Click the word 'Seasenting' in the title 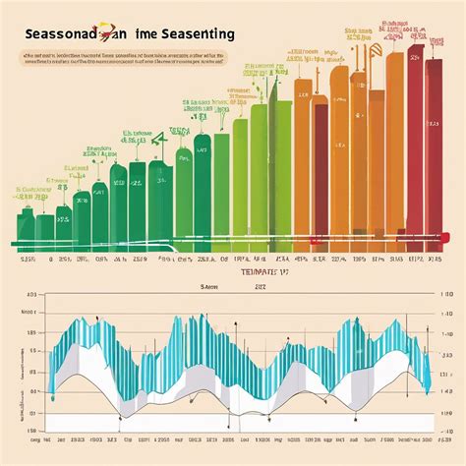pos(194,32)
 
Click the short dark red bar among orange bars pos(320,167)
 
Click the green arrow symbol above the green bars pos(183,157)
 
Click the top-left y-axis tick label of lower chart pos(30,294)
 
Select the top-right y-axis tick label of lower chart pos(443,294)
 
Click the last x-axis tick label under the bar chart pos(431,261)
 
